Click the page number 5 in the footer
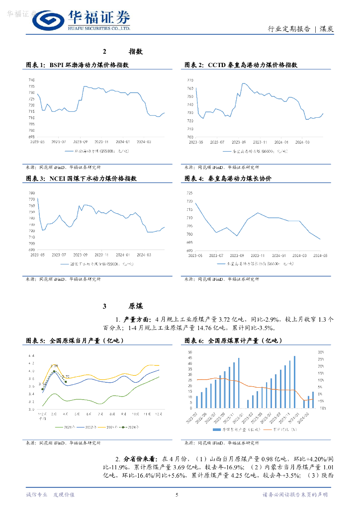pos(177,495)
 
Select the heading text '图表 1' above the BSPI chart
pos(35,65)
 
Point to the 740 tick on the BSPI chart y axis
pos(31,80)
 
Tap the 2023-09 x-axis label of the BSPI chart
pos(81,142)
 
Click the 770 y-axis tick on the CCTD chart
pos(190,80)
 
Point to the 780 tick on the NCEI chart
pos(31,193)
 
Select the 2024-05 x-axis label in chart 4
pos(320,255)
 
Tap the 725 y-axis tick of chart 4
pos(190,193)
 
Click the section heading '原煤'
pos(136,306)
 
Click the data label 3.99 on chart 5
pos(55,366)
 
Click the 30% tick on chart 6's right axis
pos(322,352)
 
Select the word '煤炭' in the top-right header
pos(326,29)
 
